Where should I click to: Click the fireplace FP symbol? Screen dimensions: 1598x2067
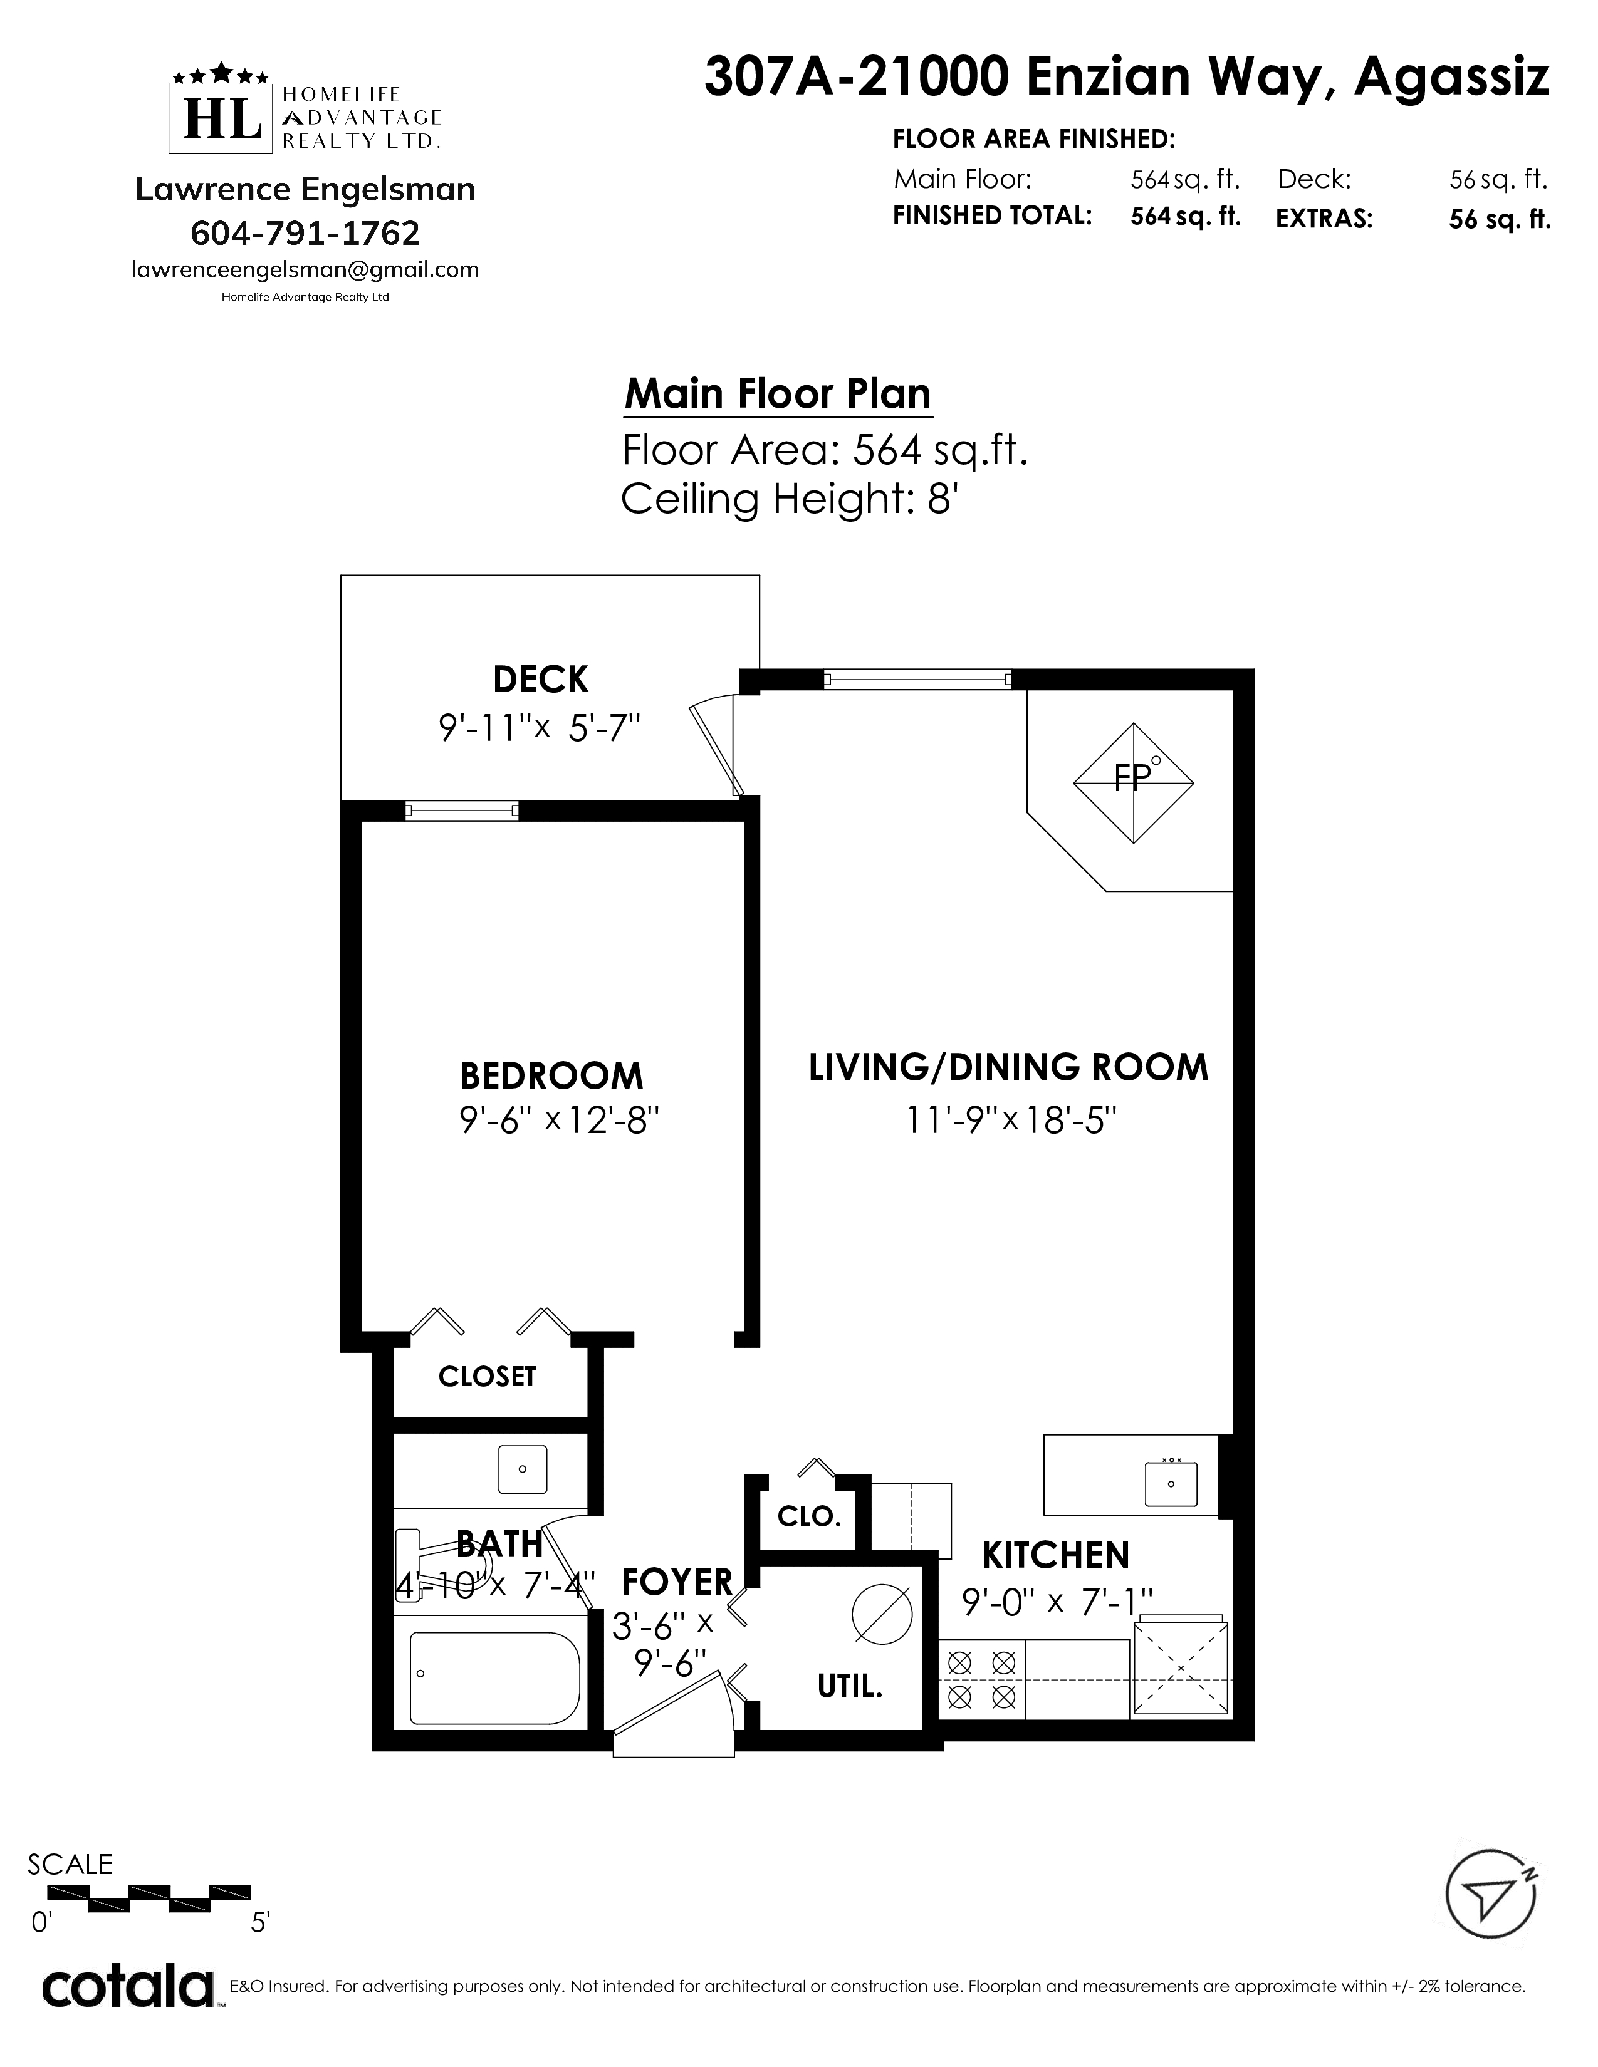coord(1133,783)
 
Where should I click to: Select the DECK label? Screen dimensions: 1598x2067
coord(541,680)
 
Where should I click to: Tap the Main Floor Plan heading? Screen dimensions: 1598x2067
coord(778,394)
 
